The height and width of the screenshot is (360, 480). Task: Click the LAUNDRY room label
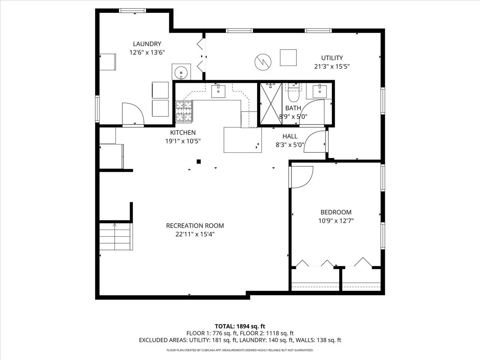tap(147, 44)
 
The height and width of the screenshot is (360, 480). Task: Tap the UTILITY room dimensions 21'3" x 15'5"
tap(332, 66)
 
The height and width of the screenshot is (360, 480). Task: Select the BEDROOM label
tap(336, 212)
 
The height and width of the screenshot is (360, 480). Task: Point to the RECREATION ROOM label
tap(195, 226)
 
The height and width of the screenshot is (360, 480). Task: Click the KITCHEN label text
tap(183, 132)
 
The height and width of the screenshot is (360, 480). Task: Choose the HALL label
tap(290, 136)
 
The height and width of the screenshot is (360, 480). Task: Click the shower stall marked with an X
tap(271, 104)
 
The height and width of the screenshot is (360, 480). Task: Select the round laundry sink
tap(181, 72)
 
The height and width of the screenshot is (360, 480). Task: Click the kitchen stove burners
tap(184, 111)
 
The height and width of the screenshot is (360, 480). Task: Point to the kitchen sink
tap(218, 91)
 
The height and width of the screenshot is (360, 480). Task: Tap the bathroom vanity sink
tap(320, 92)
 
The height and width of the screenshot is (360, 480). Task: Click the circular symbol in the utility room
tap(263, 62)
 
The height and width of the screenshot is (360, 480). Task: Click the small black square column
tap(198, 162)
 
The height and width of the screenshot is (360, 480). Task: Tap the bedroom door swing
tap(302, 177)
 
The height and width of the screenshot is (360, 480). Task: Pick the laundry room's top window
tap(132, 10)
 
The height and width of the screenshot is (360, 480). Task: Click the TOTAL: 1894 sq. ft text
tap(240, 326)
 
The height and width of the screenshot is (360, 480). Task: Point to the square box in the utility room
tap(288, 58)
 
